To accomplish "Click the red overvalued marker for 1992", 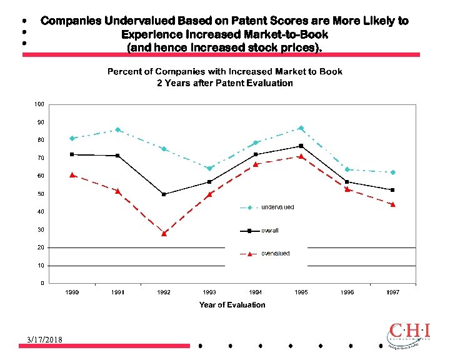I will [x=164, y=233].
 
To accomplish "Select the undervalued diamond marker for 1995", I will [x=301, y=128].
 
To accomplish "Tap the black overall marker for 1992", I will [x=164, y=194].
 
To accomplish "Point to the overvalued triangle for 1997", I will [x=392, y=204].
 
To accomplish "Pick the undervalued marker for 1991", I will [x=118, y=130].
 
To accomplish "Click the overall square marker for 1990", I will [x=72, y=154].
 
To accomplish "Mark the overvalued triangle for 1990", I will [x=72, y=175].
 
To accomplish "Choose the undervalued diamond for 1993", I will [x=209, y=168].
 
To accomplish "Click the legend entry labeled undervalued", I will [x=277, y=207].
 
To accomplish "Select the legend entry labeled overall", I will [x=270, y=231].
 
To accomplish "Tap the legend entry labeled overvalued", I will [x=275, y=253].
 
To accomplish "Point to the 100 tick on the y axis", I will [x=39, y=104].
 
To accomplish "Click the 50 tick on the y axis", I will [x=40, y=194].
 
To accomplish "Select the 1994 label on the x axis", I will [x=255, y=292].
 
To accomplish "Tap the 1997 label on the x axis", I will [x=392, y=292].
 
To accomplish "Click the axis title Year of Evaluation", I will [x=232, y=305].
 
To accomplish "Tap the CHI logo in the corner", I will [x=409, y=335].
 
